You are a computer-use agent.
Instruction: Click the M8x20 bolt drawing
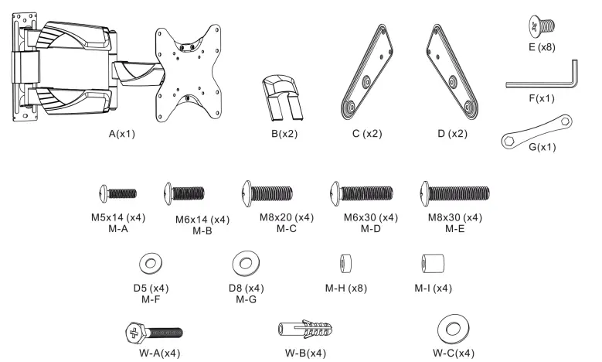pos(268,191)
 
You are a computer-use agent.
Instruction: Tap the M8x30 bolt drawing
pos(454,191)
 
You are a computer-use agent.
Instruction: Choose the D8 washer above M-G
pos(245,264)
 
